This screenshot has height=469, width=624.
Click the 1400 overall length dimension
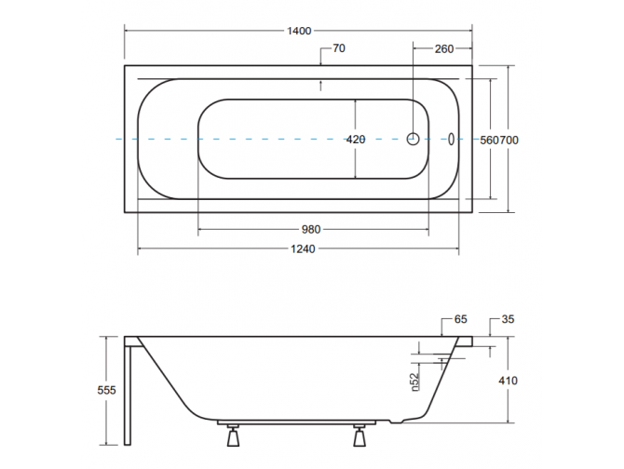pos(299,30)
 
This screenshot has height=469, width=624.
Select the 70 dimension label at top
pos(339,49)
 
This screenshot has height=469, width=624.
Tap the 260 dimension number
pos(443,49)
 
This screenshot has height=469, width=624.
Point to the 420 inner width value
pos(355,140)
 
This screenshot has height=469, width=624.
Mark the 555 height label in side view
pos(107,391)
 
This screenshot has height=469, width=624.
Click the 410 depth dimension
pos(508,381)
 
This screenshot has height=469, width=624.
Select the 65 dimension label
pos(460,319)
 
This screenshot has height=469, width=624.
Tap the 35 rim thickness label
pos(508,319)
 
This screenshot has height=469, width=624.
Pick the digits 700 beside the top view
pos(509,140)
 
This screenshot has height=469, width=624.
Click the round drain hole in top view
pos(414,139)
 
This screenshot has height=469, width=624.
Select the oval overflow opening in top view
pos(452,139)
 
